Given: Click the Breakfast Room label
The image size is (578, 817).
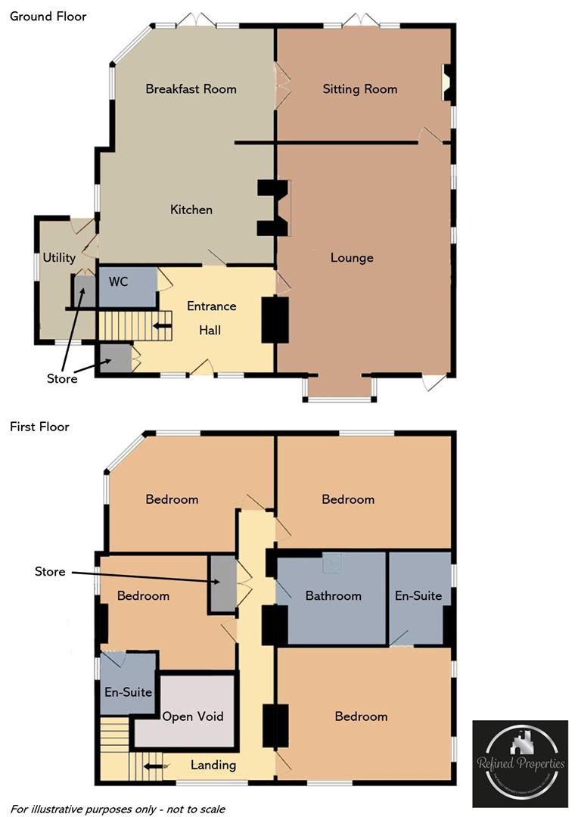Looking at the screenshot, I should pyautogui.click(x=191, y=89).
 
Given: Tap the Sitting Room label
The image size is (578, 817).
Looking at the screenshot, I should pyautogui.click(x=359, y=89).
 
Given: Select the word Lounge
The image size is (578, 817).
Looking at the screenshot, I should pyautogui.click(x=352, y=258).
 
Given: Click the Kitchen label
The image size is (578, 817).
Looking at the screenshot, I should pyautogui.click(x=191, y=210).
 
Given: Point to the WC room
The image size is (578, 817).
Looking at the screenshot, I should pyautogui.click(x=119, y=282).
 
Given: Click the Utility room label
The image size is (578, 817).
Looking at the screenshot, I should pyautogui.click(x=59, y=258).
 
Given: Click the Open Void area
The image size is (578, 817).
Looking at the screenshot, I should pyautogui.click(x=193, y=716).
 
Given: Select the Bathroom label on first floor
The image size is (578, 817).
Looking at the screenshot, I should pyautogui.click(x=333, y=596).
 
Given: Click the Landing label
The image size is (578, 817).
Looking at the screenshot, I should pyautogui.click(x=213, y=765).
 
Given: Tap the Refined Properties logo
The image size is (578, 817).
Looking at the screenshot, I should pyautogui.click(x=520, y=763).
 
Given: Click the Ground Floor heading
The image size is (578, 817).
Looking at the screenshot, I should pyautogui.click(x=48, y=16).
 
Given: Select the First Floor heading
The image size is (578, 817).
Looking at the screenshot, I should pyautogui.click(x=39, y=427).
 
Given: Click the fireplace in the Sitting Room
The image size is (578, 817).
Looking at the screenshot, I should pyautogui.click(x=447, y=83).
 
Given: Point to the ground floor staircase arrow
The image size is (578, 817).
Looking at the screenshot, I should pyautogui.click(x=162, y=326).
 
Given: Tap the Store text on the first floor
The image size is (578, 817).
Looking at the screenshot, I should pyautogui.click(x=50, y=572).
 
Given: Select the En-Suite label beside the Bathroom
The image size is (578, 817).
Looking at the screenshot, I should pyautogui.click(x=418, y=596).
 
